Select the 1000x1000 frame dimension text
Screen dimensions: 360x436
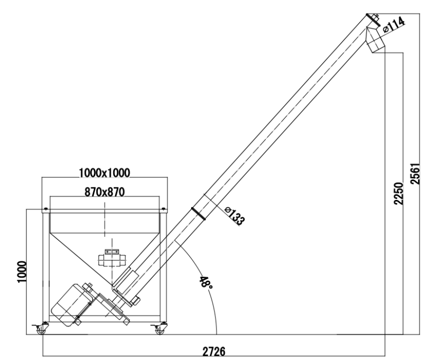click(x=104, y=173)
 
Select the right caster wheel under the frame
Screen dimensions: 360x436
click(x=160, y=330)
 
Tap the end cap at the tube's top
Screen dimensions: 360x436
click(x=371, y=18)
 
